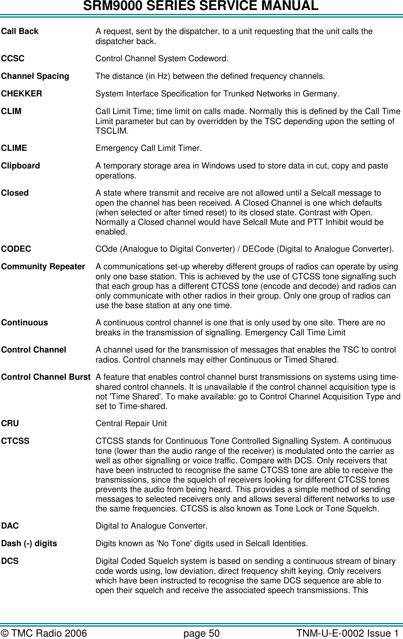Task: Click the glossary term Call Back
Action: (20, 31)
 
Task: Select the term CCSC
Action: (13, 58)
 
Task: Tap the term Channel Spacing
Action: (35, 76)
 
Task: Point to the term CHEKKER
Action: (22, 94)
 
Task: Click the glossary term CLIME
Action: (14, 148)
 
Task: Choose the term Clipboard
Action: (21, 166)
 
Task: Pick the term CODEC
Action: (16, 249)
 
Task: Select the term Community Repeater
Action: (43, 266)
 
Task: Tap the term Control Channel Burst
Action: (46, 377)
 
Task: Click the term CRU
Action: (10, 423)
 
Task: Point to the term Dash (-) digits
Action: (29, 543)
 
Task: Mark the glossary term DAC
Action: (10, 525)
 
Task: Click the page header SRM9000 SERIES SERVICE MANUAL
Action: (201, 6)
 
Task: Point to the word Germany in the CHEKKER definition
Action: (323, 94)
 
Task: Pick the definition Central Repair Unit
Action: (131, 423)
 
